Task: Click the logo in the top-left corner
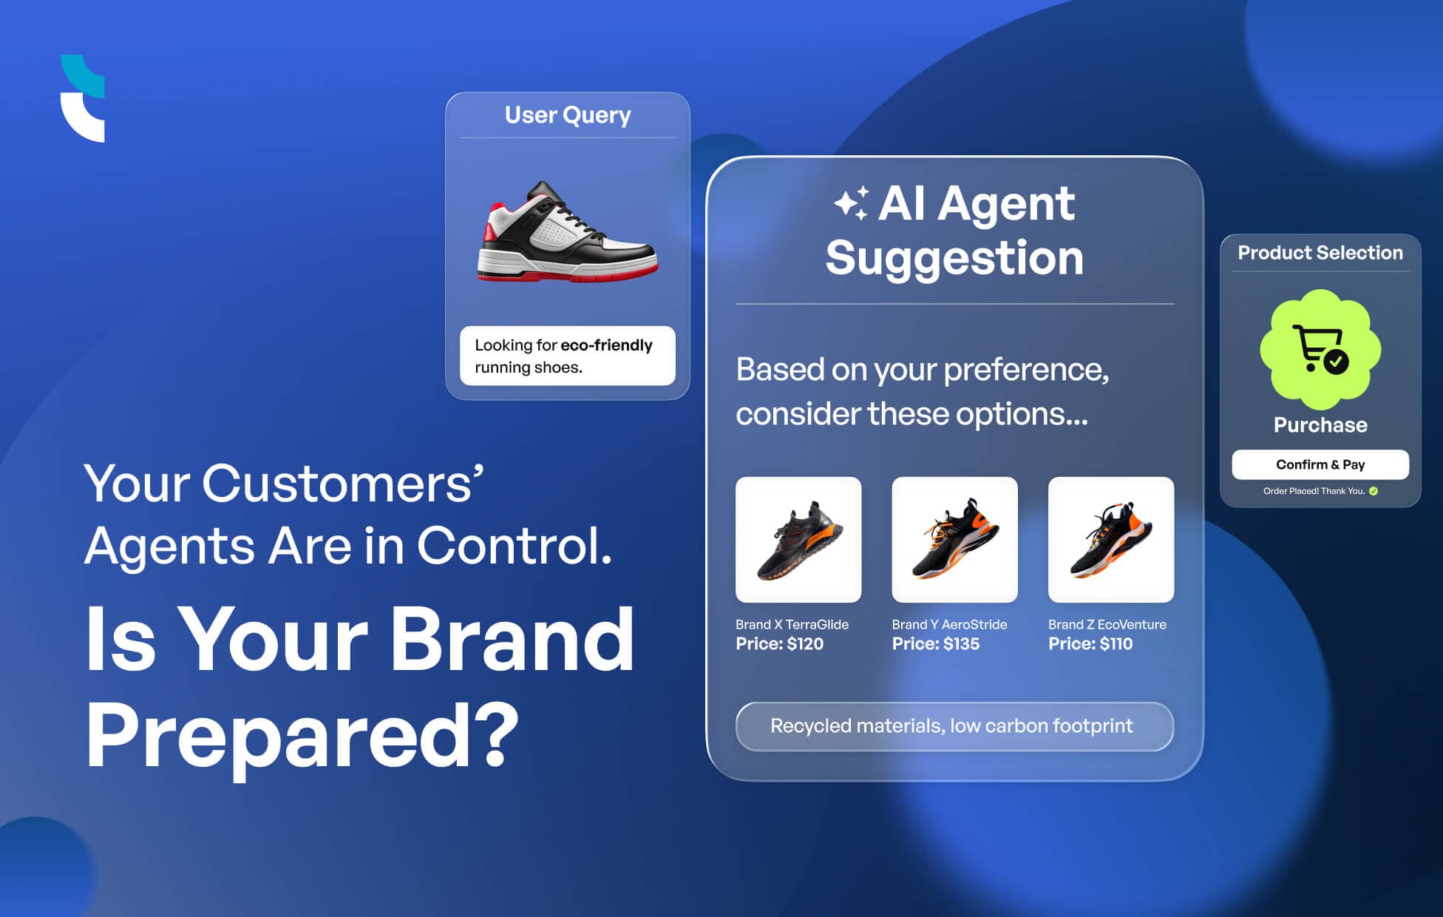[x=82, y=98]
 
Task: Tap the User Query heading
[x=567, y=115]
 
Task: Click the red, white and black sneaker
[x=567, y=233]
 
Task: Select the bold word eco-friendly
[x=606, y=345]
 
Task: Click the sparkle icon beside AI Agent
[x=851, y=204]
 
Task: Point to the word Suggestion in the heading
[x=954, y=258]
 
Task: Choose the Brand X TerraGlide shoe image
[x=798, y=539]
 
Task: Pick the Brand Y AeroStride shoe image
[x=954, y=539]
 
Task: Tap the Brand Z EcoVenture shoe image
[x=1110, y=539]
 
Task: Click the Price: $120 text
[x=779, y=644]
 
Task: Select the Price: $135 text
[x=935, y=644]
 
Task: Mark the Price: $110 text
[x=1090, y=644]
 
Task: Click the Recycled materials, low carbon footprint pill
[x=954, y=726]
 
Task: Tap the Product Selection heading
[x=1320, y=253]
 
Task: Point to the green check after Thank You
[x=1374, y=491]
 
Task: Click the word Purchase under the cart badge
[x=1320, y=425]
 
